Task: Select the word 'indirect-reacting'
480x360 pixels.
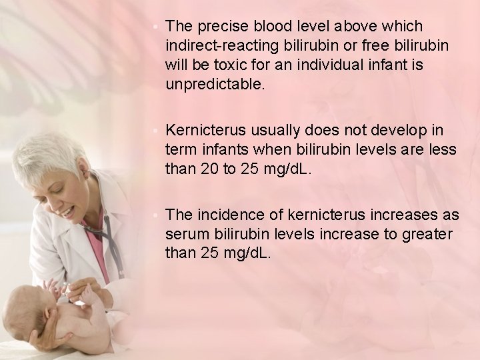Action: tap(211, 46)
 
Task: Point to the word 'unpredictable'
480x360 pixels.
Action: tap(215, 85)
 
